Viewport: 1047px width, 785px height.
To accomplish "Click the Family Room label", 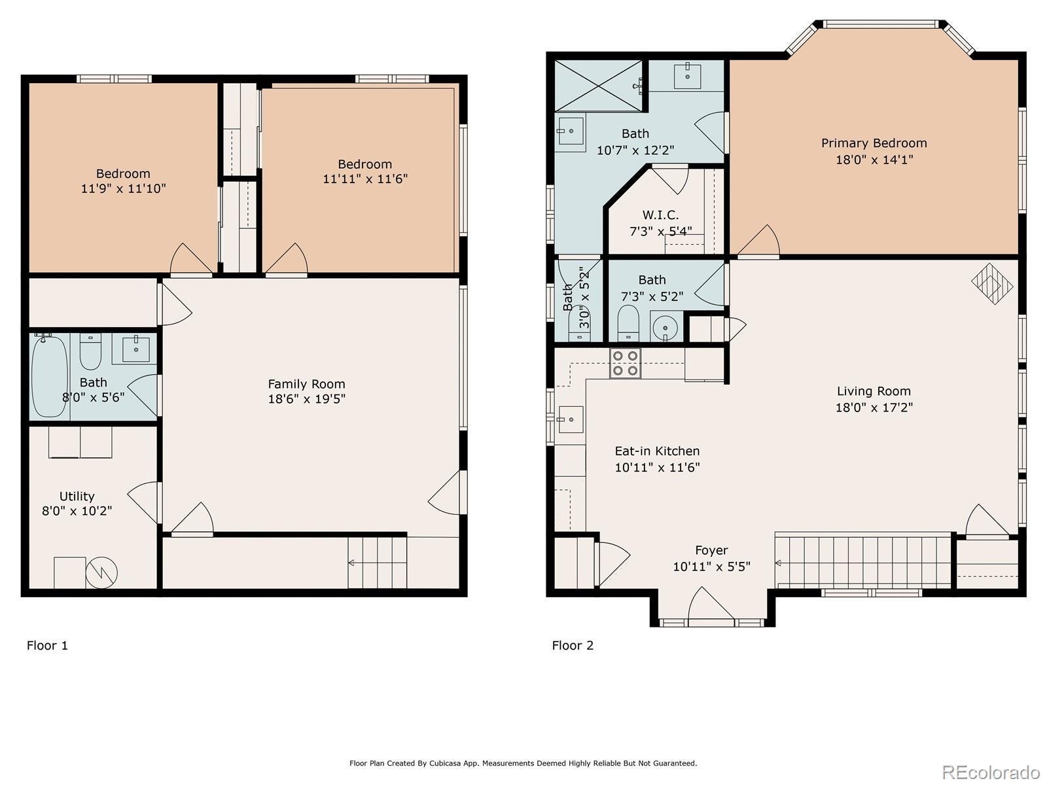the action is pos(306,384).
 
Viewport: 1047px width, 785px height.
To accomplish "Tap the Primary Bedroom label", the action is pos(874,143).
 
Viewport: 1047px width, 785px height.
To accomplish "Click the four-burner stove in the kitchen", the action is pos(625,363).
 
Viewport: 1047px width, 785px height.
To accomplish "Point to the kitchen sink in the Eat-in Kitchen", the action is pos(571,419).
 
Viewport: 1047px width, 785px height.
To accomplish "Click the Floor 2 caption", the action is pos(573,646).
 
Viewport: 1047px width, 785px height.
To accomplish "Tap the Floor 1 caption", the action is pos(47,646).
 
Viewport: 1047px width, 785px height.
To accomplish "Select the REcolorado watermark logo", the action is pos(991,771).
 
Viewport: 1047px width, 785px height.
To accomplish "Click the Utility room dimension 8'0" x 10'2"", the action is pos(77,511).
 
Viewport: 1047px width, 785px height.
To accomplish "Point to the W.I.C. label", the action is pos(660,215).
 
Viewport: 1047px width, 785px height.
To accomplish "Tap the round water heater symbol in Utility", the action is pos(101,572).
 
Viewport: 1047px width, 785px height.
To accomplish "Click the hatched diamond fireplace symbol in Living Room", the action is pos(992,284).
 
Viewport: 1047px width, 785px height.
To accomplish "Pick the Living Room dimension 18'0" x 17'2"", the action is pos(874,408).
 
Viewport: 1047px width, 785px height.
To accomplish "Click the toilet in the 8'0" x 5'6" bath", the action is pos(90,352).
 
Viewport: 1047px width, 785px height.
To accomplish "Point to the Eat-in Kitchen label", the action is pos(657,451).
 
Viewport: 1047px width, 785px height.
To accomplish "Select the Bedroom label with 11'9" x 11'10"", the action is pos(123,173).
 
